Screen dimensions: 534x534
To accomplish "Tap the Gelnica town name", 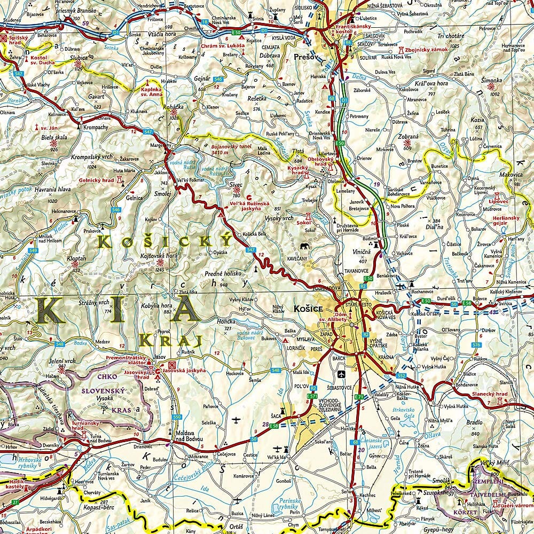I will [135, 198].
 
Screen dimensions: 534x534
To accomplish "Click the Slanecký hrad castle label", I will [489, 394].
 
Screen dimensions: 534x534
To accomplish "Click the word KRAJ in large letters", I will [170, 340].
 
